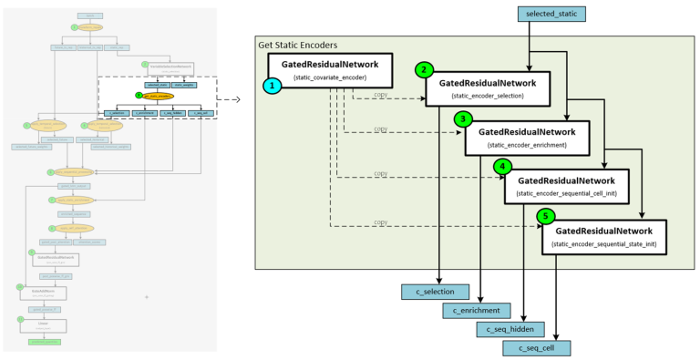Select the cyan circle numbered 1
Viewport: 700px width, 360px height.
click(x=271, y=85)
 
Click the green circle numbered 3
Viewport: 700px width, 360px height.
click(x=464, y=119)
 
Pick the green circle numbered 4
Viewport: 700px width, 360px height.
click(x=502, y=167)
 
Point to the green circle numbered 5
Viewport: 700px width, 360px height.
click(x=545, y=216)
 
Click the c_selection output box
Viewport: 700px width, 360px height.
click(x=435, y=292)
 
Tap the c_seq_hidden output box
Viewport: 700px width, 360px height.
click(x=511, y=329)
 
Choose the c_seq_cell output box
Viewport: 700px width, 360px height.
click(x=536, y=347)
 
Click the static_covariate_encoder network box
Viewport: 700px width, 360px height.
click(x=329, y=71)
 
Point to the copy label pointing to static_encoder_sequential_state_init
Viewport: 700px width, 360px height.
click(x=380, y=222)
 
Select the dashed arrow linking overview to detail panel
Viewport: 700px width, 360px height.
click(x=233, y=98)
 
